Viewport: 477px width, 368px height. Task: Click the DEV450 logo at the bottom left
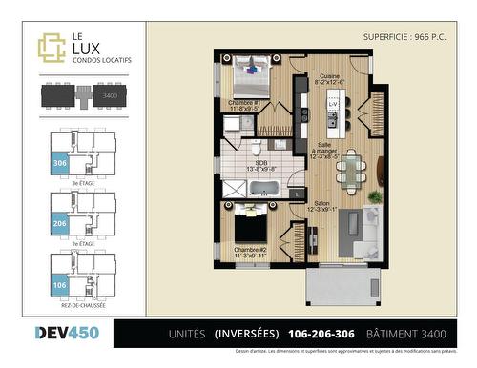tap(66, 333)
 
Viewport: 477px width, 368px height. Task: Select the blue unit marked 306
tap(58, 163)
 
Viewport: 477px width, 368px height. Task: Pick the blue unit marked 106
tap(58, 283)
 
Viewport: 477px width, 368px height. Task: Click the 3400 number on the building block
tap(111, 96)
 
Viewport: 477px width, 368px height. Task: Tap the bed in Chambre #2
tap(250, 228)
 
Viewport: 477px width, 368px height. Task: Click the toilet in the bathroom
tap(257, 150)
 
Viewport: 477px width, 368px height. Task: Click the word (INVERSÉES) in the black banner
tap(246, 334)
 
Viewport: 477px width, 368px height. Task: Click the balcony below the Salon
tap(342, 284)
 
